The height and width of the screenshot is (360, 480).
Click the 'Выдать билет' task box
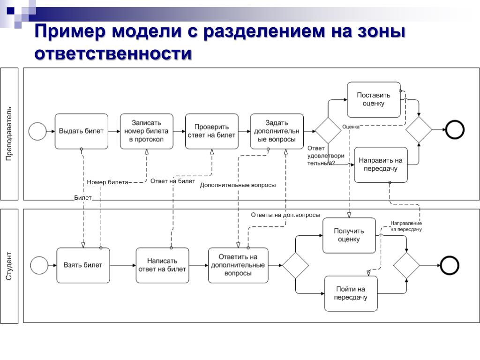tap(82, 131)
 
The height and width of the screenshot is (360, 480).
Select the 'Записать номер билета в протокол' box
tap(147, 131)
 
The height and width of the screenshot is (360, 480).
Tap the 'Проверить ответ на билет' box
tap(212, 131)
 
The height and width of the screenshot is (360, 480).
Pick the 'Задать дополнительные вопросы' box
tap(277, 131)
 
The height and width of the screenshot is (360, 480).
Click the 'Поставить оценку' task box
tap(374, 99)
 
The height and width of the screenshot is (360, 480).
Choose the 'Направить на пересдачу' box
tap(381, 165)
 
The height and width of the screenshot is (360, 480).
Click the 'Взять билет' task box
tap(83, 265)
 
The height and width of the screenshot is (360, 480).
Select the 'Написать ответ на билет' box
tap(163, 265)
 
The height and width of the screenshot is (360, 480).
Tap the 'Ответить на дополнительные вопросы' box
tap(238, 265)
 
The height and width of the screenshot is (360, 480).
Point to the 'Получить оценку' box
tap(349, 235)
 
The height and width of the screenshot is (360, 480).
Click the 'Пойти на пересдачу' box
tap(351, 293)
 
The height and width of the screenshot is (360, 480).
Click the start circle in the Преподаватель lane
tap(38, 131)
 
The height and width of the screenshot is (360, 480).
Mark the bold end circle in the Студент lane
tap(449, 266)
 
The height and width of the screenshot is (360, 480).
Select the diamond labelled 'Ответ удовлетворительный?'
tap(328, 131)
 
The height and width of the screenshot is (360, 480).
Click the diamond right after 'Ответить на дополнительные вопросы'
tap(295, 265)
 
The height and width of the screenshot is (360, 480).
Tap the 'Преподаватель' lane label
tap(9, 134)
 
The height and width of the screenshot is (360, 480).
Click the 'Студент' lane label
tap(9, 266)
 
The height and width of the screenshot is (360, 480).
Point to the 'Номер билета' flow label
tap(107, 182)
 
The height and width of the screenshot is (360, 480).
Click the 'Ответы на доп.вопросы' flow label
tap(285, 215)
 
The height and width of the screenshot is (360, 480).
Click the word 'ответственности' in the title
tap(113, 53)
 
